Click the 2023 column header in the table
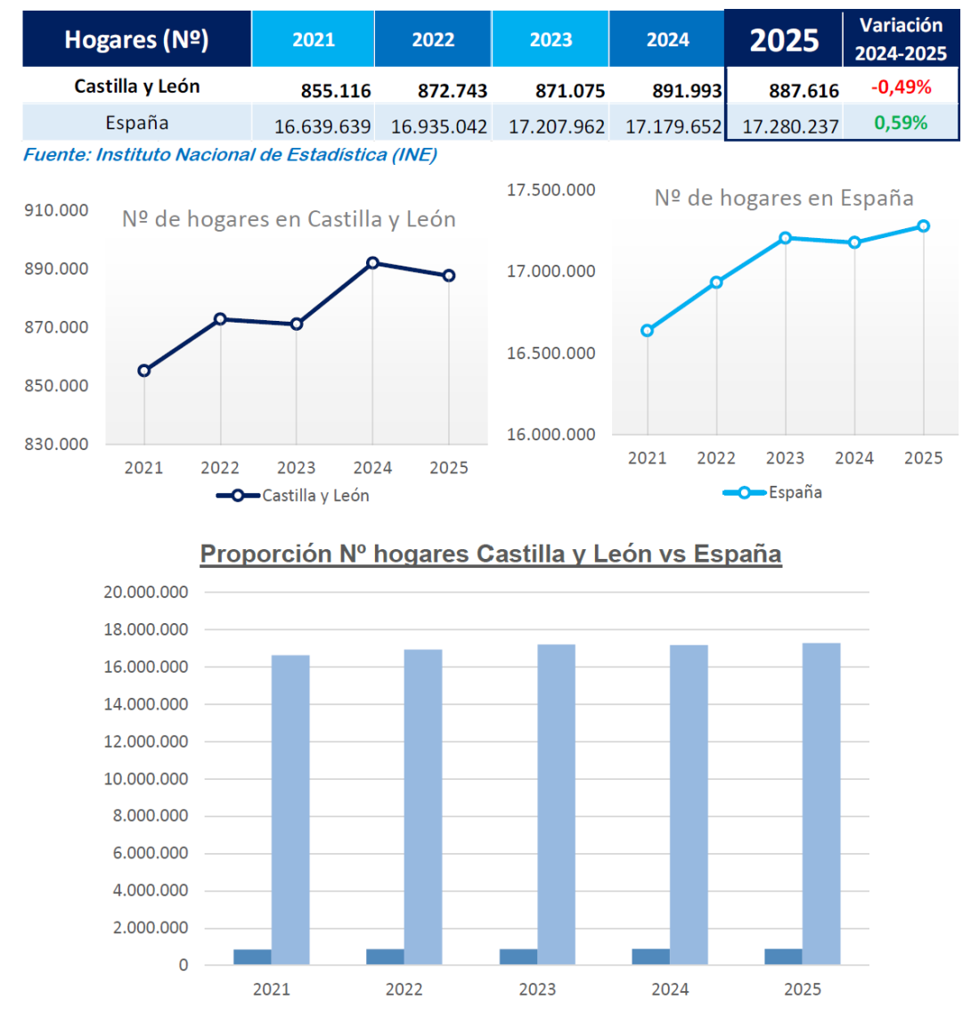click(551, 40)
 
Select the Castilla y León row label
click(137, 86)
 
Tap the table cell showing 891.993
click(687, 91)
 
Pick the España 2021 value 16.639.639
click(322, 127)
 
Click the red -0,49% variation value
click(901, 87)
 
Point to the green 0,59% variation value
click(901, 123)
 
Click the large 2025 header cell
click(784, 40)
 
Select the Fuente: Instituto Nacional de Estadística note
click(230, 155)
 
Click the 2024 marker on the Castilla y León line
click(372, 263)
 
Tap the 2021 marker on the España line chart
click(648, 331)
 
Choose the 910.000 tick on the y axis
click(56, 210)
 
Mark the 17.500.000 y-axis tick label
click(551, 190)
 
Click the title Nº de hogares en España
click(784, 198)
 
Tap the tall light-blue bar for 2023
click(556, 802)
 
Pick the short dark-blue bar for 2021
click(252, 956)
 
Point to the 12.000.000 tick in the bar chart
click(146, 742)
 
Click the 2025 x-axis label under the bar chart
click(803, 989)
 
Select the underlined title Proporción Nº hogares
click(491, 554)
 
